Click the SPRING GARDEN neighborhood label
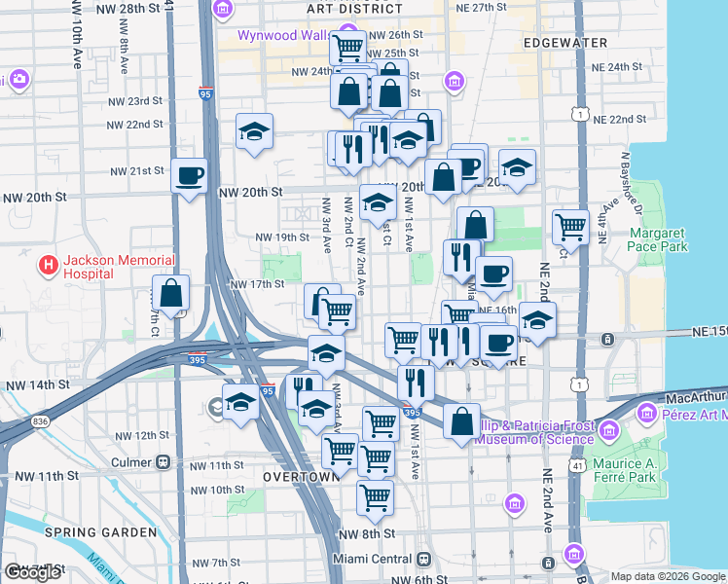click(100, 532)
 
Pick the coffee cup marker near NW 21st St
click(189, 177)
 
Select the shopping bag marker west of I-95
click(170, 293)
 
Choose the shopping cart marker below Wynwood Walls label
click(347, 47)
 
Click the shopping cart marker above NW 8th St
click(375, 497)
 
